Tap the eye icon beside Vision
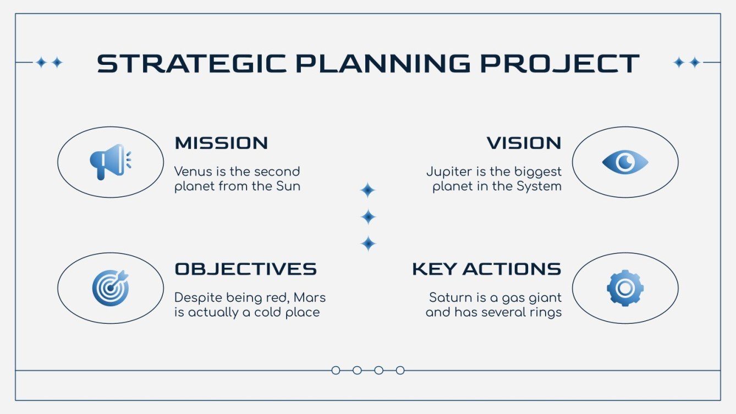(625, 162)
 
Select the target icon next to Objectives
(110, 288)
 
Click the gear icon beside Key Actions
(625, 288)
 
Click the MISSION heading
(221, 143)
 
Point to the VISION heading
(524, 143)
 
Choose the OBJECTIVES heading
(245, 269)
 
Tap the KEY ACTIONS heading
(487, 269)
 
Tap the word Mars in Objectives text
(310, 297)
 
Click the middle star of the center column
(368, 217)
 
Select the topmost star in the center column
(368, 191)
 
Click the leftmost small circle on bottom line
(336, 371)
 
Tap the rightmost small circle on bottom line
(400, 371)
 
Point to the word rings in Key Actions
(546, 312)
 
